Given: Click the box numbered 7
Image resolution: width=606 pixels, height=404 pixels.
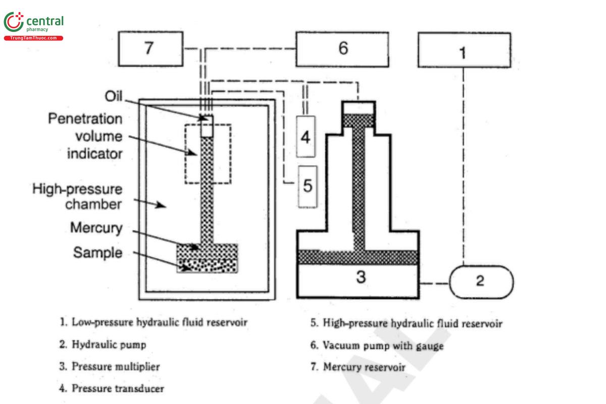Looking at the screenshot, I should [x=150, y=49].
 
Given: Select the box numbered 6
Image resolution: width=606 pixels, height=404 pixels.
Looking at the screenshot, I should [x=342, y=49].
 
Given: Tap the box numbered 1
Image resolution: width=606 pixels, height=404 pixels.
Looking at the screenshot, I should [x=464, y=50].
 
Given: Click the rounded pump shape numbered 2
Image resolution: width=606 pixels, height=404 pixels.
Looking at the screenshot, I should [x=480, y=281].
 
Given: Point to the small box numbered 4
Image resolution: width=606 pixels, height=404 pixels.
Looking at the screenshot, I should [x=306, y=136].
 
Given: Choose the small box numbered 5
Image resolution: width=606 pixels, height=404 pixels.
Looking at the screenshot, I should [x=308, y=186].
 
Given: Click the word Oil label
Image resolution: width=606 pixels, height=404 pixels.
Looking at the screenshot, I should [x=114, y=96].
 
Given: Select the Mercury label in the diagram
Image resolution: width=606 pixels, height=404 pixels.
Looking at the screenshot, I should [x=96, y=228].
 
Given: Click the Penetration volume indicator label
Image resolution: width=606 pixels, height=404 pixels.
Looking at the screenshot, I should [x=85, y=136].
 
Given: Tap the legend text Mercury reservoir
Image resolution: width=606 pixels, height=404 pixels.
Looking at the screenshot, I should [x=364, y=367].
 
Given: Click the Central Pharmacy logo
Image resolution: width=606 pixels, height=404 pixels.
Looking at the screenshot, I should [x=33, y=24].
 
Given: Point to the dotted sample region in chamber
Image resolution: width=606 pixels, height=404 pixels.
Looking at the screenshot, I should [x=207, y=266].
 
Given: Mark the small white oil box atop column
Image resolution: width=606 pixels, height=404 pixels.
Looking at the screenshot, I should [x=207, y=127].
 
